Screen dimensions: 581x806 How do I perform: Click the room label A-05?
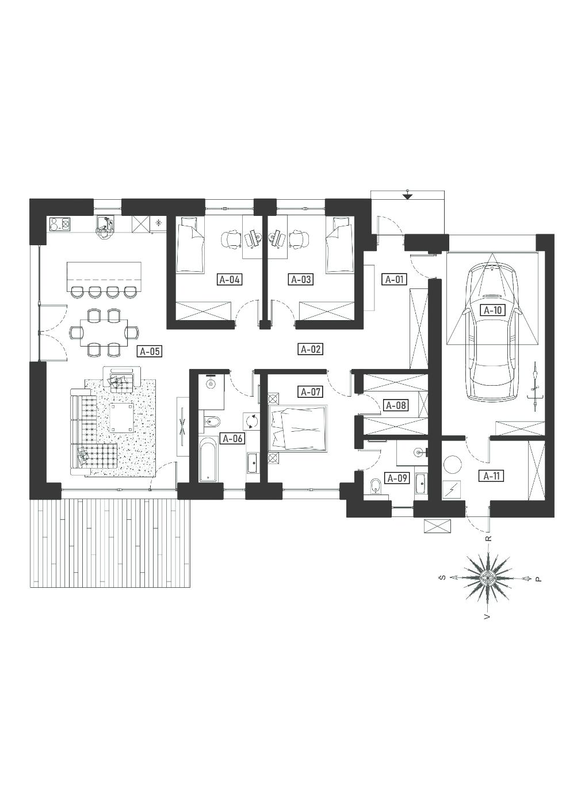pos(150,351)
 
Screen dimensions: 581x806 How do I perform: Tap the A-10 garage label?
pos(492,310)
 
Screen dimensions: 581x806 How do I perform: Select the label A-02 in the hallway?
pos(311,349)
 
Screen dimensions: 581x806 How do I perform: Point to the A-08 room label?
pos(396,405)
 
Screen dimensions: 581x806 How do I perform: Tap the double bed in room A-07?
pos(298,428)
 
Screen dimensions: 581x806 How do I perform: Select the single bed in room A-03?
pos(341,245)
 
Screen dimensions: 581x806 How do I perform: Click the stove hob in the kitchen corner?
pos(60,224)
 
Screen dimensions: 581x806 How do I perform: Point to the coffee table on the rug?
pos(122,417)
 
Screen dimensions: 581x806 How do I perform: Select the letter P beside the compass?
pos(538,590)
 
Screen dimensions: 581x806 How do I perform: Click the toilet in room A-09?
pos(376,488)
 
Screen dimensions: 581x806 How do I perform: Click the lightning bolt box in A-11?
pos(452,490)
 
